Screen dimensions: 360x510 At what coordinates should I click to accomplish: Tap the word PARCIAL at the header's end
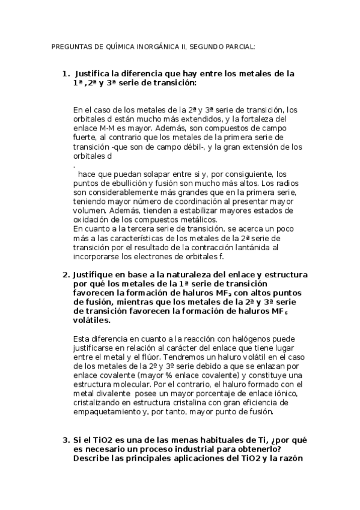point(238,46)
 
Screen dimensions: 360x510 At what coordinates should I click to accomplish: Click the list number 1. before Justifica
point(67,73)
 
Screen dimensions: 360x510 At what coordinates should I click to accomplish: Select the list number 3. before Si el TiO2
point(67,440)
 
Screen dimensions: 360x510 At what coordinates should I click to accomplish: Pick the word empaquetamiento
point(109,412)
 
